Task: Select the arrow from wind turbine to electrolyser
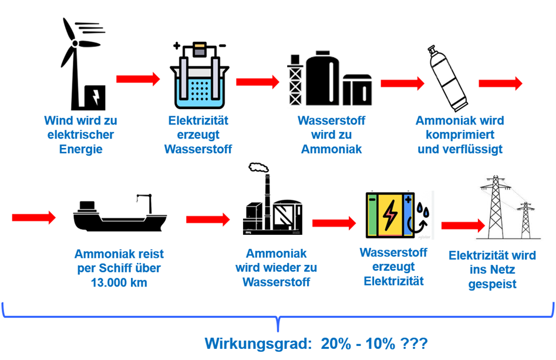[138, 79]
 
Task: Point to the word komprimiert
[460, 135]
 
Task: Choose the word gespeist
[492, 284]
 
